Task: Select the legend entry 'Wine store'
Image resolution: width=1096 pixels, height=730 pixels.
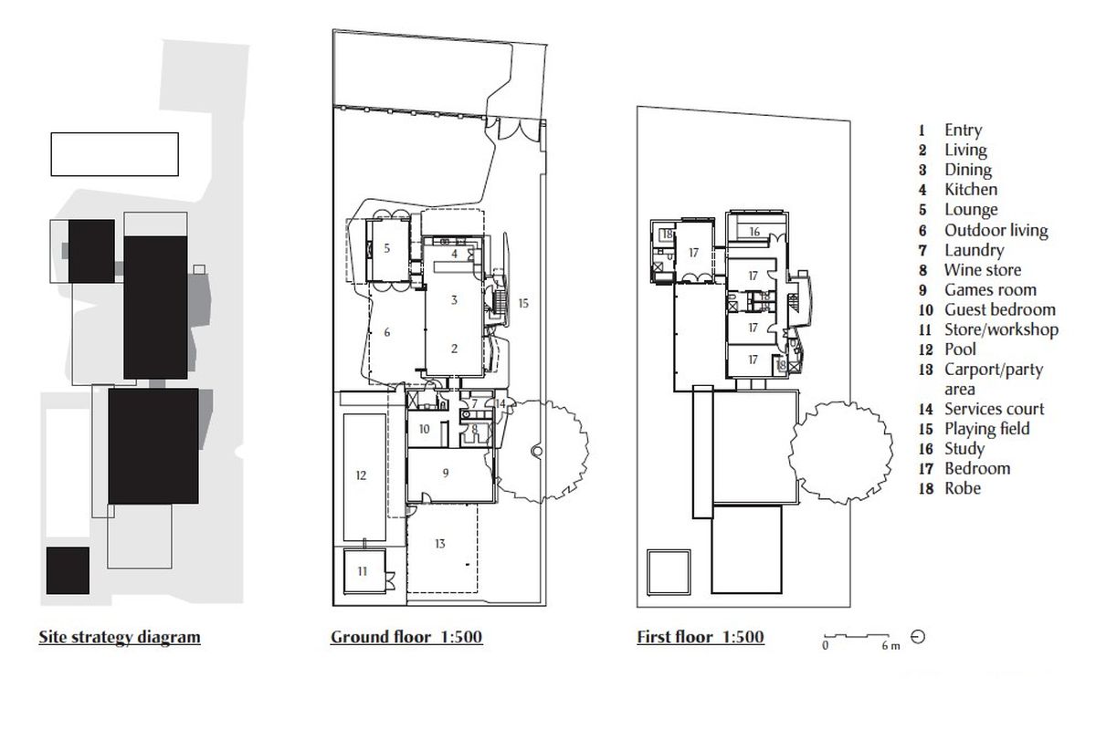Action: (982, 270)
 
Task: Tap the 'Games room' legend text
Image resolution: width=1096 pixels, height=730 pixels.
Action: (990, 290)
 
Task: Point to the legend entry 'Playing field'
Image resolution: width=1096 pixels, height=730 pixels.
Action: (986, 429)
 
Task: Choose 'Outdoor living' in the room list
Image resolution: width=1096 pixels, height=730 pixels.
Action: (996, 231)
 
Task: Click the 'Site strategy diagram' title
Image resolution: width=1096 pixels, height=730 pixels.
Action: (119, 637)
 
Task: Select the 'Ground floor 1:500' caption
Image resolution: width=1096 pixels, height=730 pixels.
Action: (406, 637)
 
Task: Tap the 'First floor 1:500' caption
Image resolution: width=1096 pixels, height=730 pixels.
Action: (701, 637)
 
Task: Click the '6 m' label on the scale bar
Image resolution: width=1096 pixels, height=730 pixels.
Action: (890, 646)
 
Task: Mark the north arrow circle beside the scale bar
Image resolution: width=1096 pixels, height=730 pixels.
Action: (918, 637)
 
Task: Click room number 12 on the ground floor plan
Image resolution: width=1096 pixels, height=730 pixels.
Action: (361, 475)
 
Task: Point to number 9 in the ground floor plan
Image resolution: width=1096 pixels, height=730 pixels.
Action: (446, 473)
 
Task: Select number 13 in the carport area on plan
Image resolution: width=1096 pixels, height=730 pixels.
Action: (440, 544)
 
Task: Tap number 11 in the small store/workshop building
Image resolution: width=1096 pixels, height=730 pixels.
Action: (363, 571)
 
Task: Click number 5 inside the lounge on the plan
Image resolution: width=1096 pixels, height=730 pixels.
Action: (387, 248)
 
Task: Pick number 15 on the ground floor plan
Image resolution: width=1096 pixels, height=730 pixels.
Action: (522, 302)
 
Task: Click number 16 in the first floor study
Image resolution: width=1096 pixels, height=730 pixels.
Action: (754, 233)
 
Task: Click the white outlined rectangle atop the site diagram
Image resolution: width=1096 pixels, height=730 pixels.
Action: (114, 154)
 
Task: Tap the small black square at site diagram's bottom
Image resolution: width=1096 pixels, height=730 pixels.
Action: (67, 570)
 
